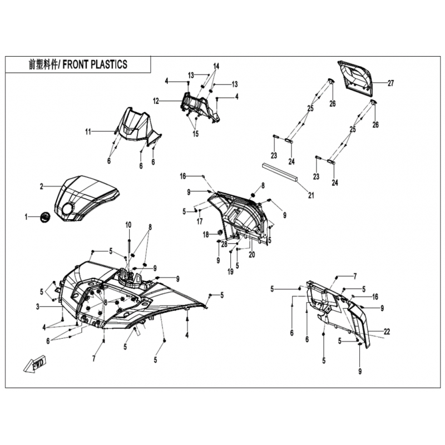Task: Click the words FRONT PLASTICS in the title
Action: click(95, 65)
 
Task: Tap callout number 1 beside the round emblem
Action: click(26, 217)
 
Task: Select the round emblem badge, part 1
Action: click(45, 217)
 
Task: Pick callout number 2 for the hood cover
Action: click(41, 186)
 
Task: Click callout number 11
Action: click(88, 132)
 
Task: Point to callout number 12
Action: click(156, 101)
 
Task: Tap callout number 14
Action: click(216, 66)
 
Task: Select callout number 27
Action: click(391, 83)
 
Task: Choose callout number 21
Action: click(311, 195)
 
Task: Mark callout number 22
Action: click(387, 331)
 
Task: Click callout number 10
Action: click(128, 225)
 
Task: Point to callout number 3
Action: click(38, 306)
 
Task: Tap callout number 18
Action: click(206, 235)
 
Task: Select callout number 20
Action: click(252, 255)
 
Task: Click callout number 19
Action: click(230, 271)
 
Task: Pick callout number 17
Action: click(200, 221)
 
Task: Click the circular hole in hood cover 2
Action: click(68, 210)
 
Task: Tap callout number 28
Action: click(224, 244)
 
